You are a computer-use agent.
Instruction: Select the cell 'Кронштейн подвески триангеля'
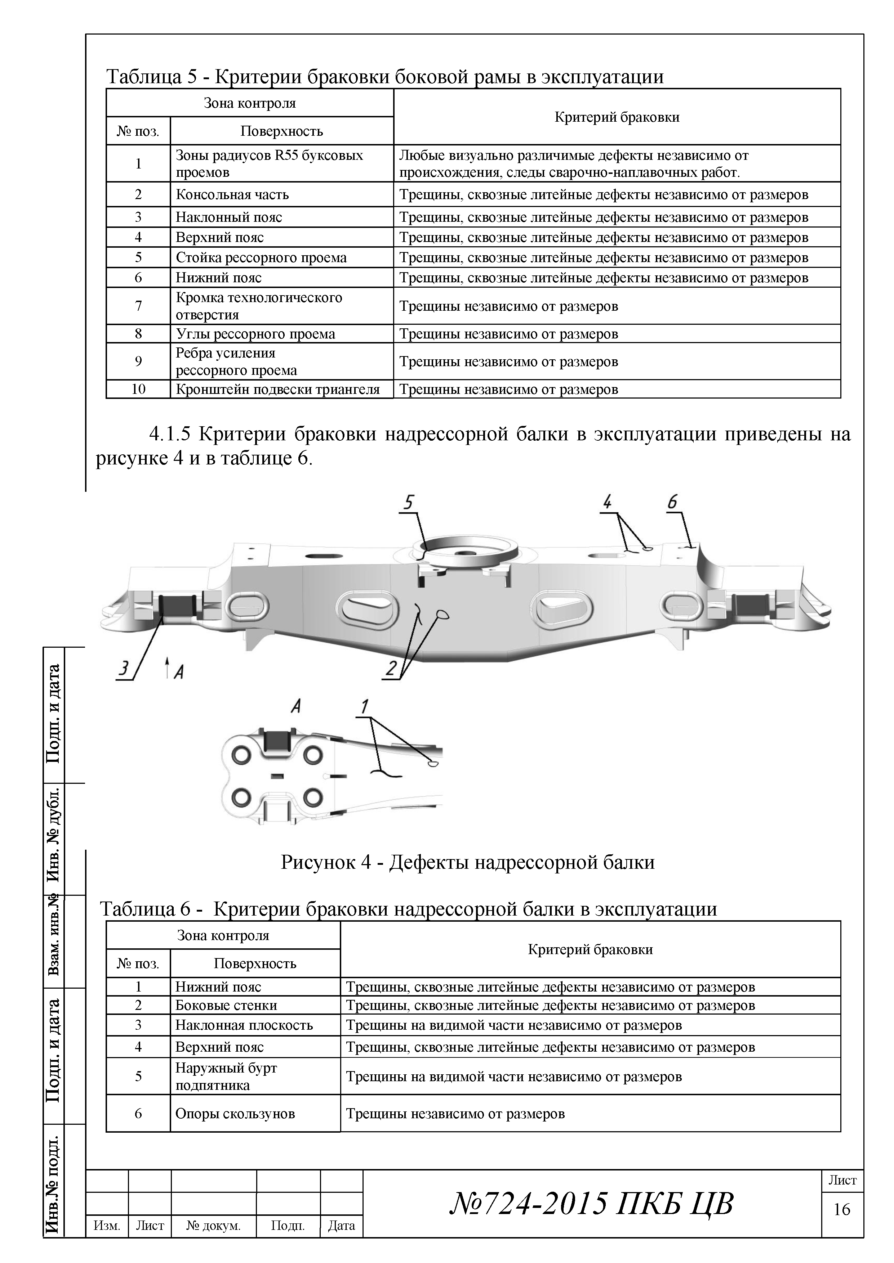pos(277,390)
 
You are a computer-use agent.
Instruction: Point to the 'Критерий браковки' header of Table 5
pos(617,117)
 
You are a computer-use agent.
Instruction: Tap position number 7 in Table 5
pos(138,306)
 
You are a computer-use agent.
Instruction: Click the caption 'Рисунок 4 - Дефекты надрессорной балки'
pos(467,862)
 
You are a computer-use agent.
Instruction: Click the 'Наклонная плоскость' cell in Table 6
pos(244,1025)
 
